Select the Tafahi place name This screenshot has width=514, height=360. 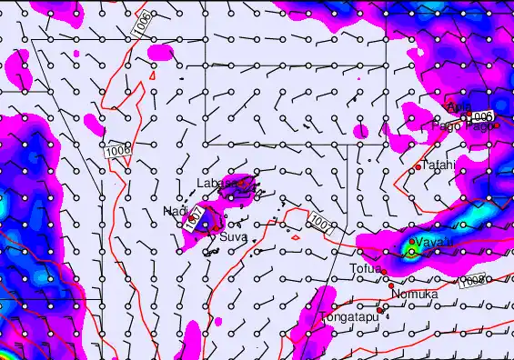click(438, 165)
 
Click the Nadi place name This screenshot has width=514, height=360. click(175, 211)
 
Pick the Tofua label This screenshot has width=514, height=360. click(366, 268)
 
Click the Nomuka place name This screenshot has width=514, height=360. click(415, 295)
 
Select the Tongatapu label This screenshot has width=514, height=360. click(348, 317)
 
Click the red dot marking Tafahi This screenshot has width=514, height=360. click(418, 167)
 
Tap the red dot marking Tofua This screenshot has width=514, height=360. click(385, 271)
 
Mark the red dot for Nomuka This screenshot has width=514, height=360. click(394, 283)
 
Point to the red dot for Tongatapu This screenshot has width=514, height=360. click(380, 310)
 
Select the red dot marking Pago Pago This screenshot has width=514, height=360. click(497, 125)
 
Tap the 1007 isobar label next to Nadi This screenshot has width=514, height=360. click(193, 216)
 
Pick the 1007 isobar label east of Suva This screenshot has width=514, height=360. click(319, 221)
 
